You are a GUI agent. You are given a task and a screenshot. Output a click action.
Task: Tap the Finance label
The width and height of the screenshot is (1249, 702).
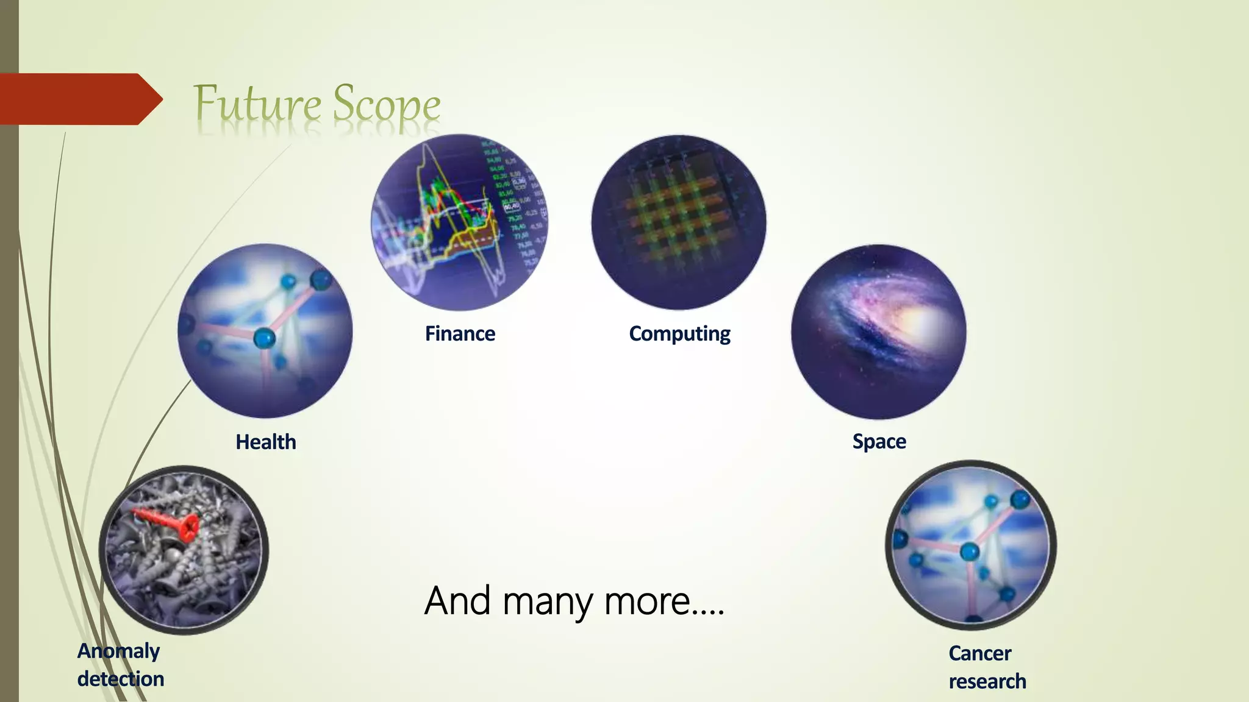pos(460,334)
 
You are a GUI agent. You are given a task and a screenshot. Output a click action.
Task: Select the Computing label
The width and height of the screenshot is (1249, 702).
pos(679,334)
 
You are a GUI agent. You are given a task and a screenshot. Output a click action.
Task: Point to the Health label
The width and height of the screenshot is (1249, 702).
pos(266,442)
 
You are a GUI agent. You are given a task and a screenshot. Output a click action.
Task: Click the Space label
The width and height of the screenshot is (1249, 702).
pos(879,441)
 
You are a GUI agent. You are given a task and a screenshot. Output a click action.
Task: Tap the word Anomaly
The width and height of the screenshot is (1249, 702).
pos(118,651)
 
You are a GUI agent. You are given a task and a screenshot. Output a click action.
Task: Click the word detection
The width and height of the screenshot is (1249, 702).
pos(121,679)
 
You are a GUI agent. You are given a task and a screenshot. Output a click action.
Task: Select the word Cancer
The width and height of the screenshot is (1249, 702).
pos(979,653)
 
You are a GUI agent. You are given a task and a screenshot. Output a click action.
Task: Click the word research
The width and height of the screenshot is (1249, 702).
pos(987,681)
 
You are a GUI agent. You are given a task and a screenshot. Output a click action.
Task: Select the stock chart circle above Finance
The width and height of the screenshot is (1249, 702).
pos(459,222)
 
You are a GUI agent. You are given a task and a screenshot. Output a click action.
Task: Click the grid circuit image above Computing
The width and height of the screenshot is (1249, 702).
pos(679,222)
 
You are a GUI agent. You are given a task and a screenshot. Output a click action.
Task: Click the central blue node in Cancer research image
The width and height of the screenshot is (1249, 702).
pos(969,552)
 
